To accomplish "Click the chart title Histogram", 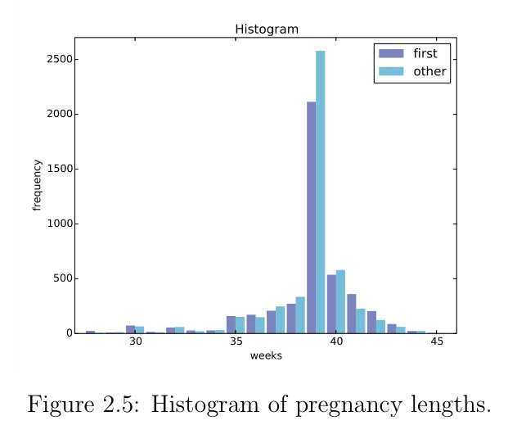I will click(267, 29).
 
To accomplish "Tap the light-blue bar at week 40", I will click(340, 302).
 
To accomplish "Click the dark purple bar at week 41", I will click(351, 314).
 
